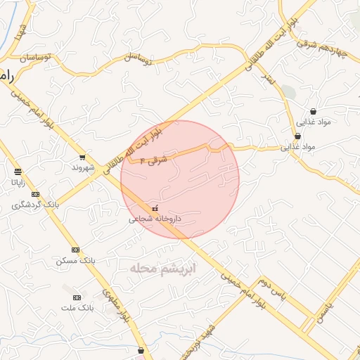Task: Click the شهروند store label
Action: (83, 169)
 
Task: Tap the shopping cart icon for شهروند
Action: (83, 157)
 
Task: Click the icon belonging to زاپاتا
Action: (17, 172)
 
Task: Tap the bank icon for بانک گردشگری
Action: (36, 195)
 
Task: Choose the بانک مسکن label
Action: (75, 261)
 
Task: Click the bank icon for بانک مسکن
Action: (75, 250)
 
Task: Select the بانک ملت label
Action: (78, 308)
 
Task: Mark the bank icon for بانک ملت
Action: (77, 297)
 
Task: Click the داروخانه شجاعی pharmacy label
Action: (154, 219)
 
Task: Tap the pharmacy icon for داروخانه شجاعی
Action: (155, 209)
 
